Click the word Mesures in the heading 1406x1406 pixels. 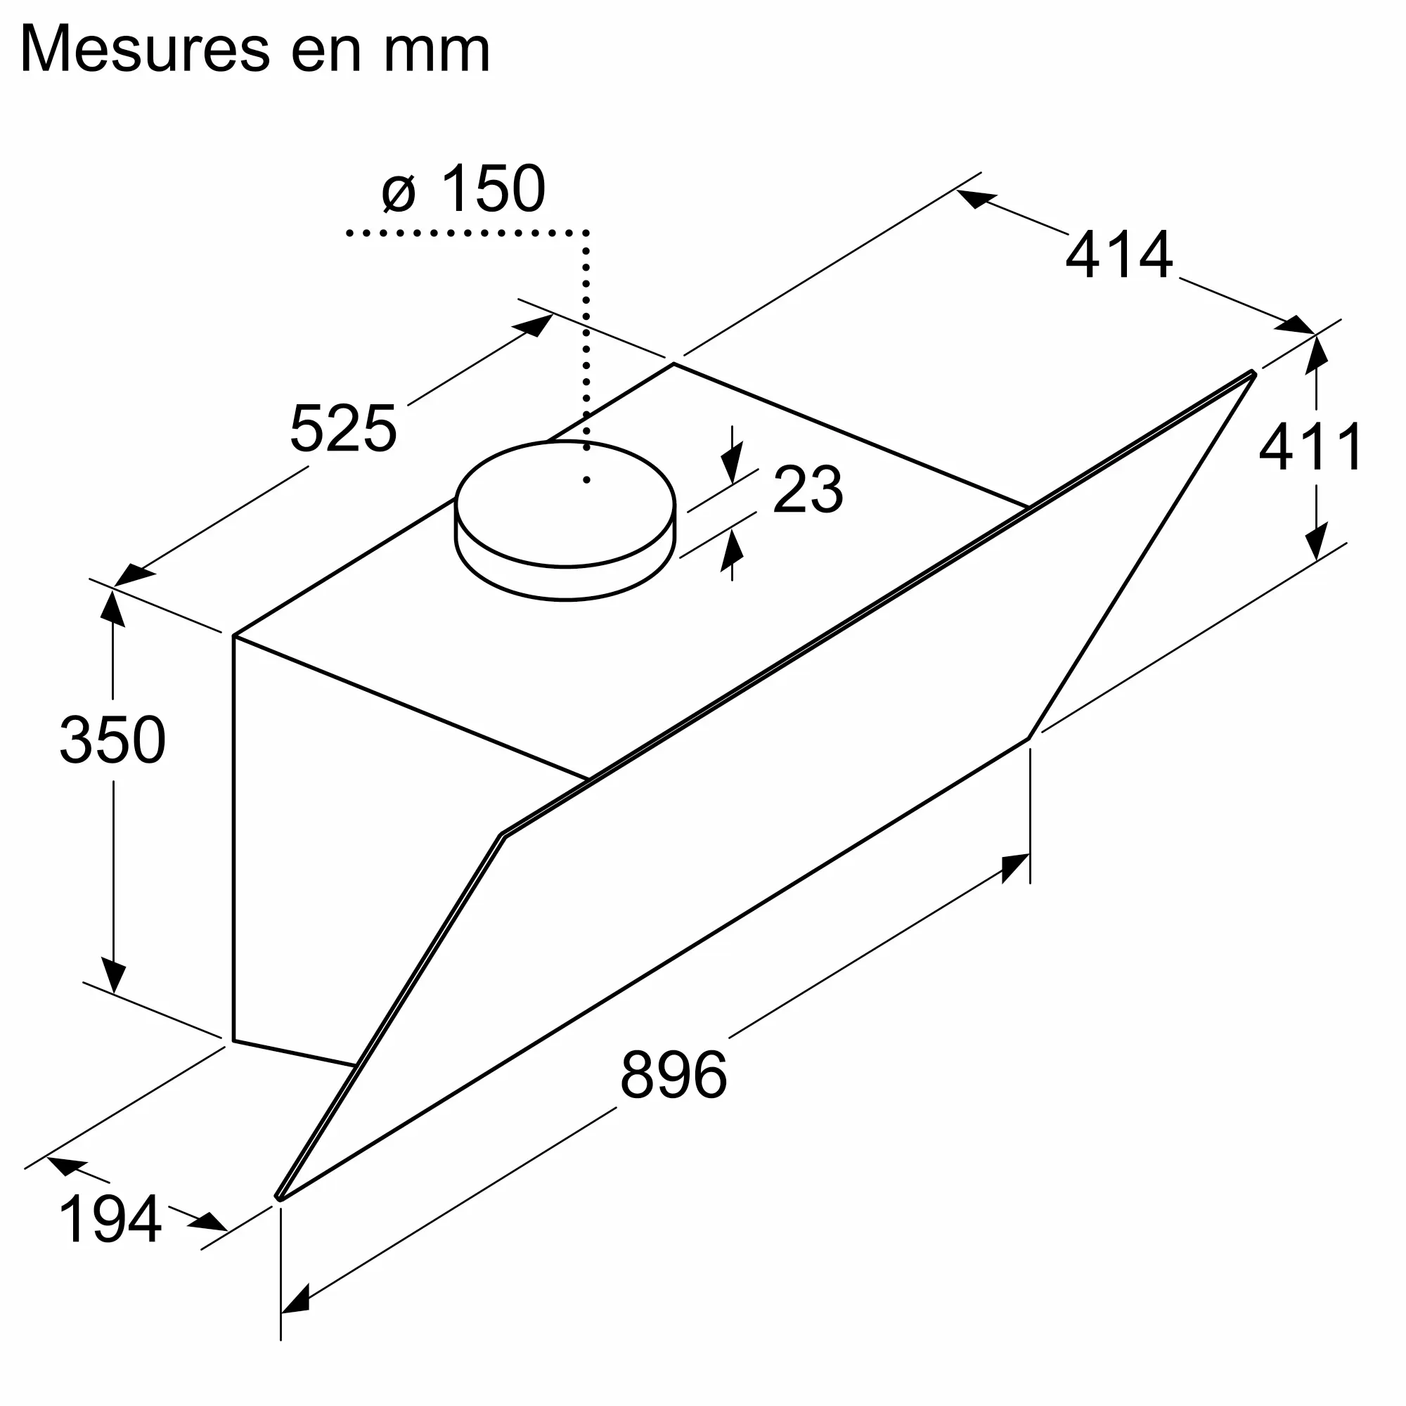point(146,49)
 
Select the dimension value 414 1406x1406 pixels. point(1118,254)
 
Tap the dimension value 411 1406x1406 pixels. point(1311,448)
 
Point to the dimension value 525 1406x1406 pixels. point(344,429)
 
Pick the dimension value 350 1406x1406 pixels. point(112,740)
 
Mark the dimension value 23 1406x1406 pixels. point(808,490)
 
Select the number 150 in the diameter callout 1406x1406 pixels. point(493,188)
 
